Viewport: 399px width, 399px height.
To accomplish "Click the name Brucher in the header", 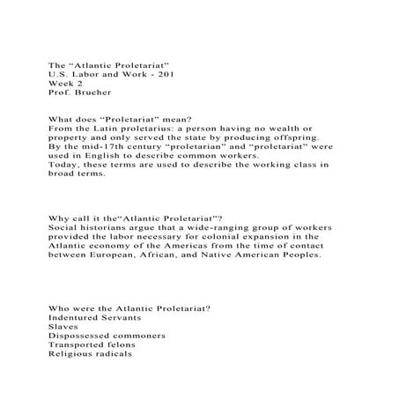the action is tap(86, 92).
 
